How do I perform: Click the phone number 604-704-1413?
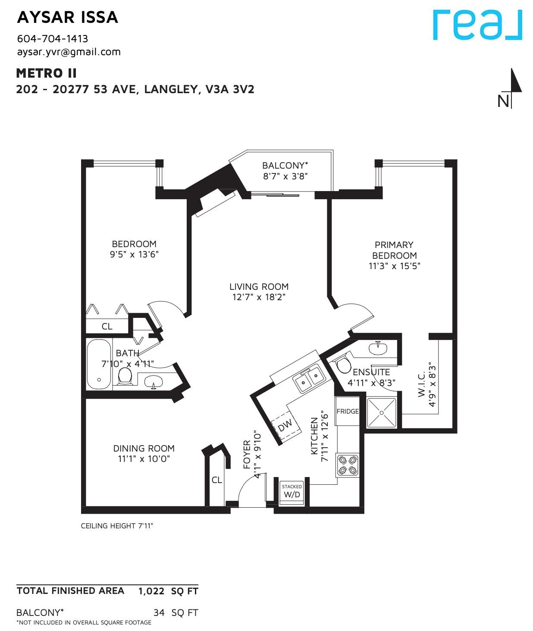(53, 39)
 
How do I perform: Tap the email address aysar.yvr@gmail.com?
(69, 52)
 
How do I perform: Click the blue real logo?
(477, 25)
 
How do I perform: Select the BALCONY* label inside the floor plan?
(285, 166)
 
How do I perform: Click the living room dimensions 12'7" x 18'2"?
(259, 297)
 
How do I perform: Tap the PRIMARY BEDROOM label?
(394, 250)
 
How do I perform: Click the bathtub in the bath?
(99, 365)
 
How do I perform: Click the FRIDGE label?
(348, 411)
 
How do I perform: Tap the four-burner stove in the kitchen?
(348, 466)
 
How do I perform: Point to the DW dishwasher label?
(285, 425)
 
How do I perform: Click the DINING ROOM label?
(144, 448)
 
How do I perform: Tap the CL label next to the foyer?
(216, 480)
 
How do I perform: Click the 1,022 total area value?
(151, 591)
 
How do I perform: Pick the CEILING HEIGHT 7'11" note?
(117, 526)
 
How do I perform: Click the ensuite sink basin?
(378, 349)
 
